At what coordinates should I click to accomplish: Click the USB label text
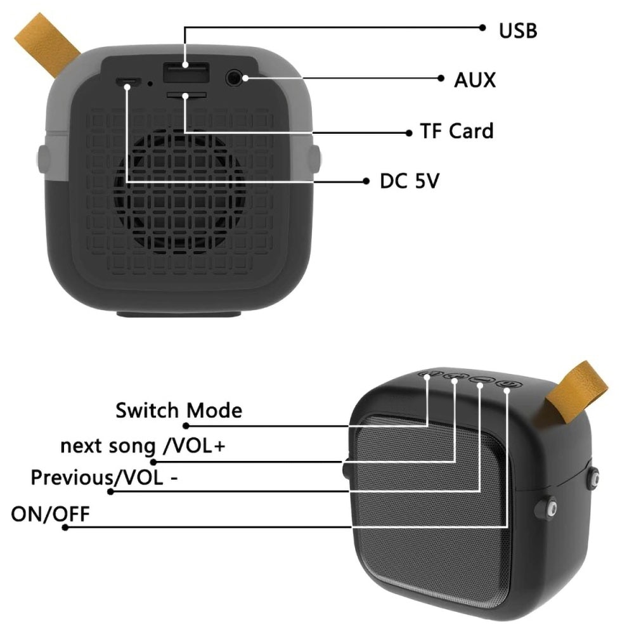518,30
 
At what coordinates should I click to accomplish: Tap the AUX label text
475,80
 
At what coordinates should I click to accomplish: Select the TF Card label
457,131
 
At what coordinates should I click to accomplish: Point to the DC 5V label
409,181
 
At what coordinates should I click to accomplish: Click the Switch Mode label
179,410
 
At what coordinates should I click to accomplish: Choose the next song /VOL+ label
142,446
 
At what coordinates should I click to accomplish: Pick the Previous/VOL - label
104,477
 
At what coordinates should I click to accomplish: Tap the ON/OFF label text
50,514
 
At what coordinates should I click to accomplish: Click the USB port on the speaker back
186,72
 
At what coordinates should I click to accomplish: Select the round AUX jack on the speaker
234,77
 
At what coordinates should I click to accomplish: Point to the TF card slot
186,96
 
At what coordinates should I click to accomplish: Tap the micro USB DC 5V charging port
128,82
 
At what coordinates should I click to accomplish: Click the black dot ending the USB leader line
482,27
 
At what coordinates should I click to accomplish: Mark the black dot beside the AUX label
441,78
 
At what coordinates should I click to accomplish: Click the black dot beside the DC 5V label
366,181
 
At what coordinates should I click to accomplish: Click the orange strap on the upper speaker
47,44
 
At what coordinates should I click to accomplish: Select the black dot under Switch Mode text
186,426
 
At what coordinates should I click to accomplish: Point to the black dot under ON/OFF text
65,527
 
